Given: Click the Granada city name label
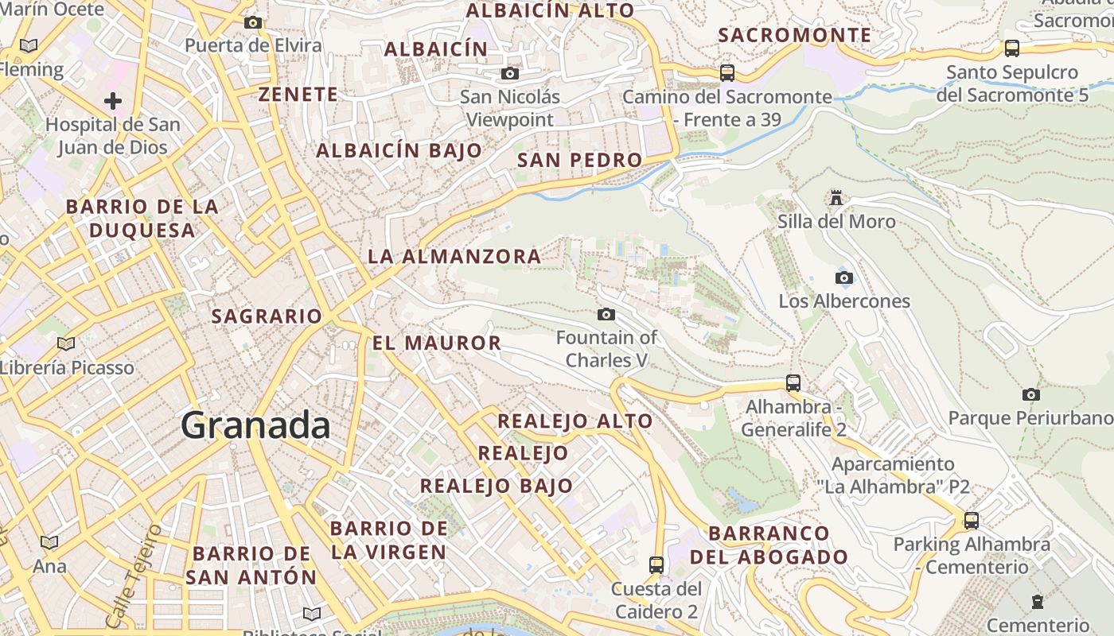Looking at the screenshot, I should [x=255, y=425].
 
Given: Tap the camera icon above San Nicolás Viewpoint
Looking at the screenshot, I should [x=509, y=74].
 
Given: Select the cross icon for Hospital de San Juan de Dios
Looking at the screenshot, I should [x=113, y=101].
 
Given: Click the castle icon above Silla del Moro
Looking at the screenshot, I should [x=835, y=197].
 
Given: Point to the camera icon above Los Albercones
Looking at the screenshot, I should [x=844, y=277].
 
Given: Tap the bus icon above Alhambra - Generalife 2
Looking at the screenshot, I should [x=793, y=382].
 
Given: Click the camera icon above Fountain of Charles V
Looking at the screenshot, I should [x=606, y=314].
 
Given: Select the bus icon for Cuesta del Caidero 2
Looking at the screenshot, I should [x=656, y=565].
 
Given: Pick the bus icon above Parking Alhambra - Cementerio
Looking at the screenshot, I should [x=971, y=521].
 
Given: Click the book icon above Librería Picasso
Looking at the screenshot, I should [x=65, y=343].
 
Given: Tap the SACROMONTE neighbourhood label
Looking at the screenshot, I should [x=794, y=35].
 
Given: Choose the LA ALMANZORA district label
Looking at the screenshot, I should [x=454, y=257].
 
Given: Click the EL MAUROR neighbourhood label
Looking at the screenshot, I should [x=437, y=343].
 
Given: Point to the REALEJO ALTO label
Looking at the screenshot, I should [x=575, y=421].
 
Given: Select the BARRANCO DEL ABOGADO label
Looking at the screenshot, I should [x=769, y=545].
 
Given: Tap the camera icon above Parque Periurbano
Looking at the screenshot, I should [x=1031, y=394].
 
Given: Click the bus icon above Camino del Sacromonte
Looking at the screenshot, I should [x=726, y=73].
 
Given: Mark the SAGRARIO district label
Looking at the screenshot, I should [x=267, y=316].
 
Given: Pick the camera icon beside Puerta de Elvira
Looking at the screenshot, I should [x=253, y=22].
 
